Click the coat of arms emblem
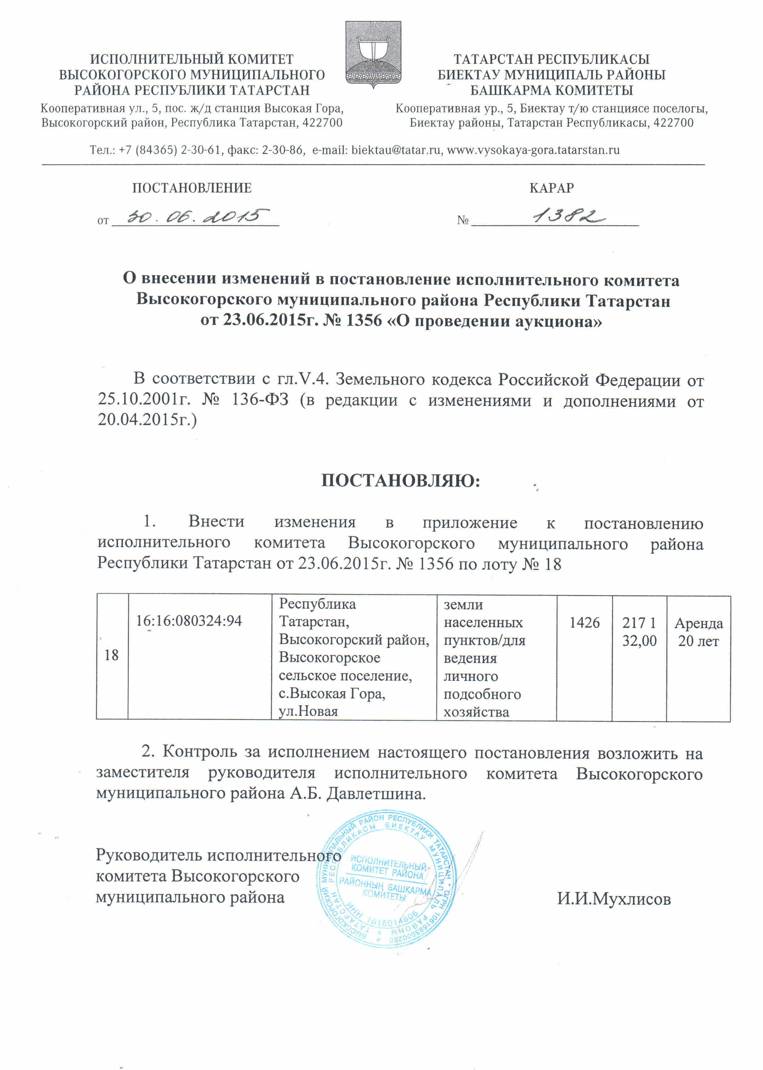373,54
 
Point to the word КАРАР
551,188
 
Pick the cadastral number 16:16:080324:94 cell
189,621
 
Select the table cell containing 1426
584,623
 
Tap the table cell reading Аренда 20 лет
698,632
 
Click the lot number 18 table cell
111,655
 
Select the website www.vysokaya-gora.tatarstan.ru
533,150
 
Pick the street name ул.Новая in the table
308,711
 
